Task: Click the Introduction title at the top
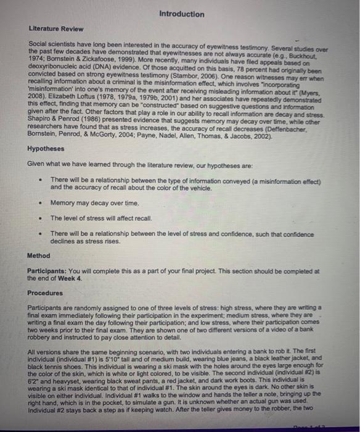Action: pos(181,14)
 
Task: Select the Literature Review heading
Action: pos(56,29)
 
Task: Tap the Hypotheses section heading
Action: pos(46,149)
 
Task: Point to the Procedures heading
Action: pos(46,293)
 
